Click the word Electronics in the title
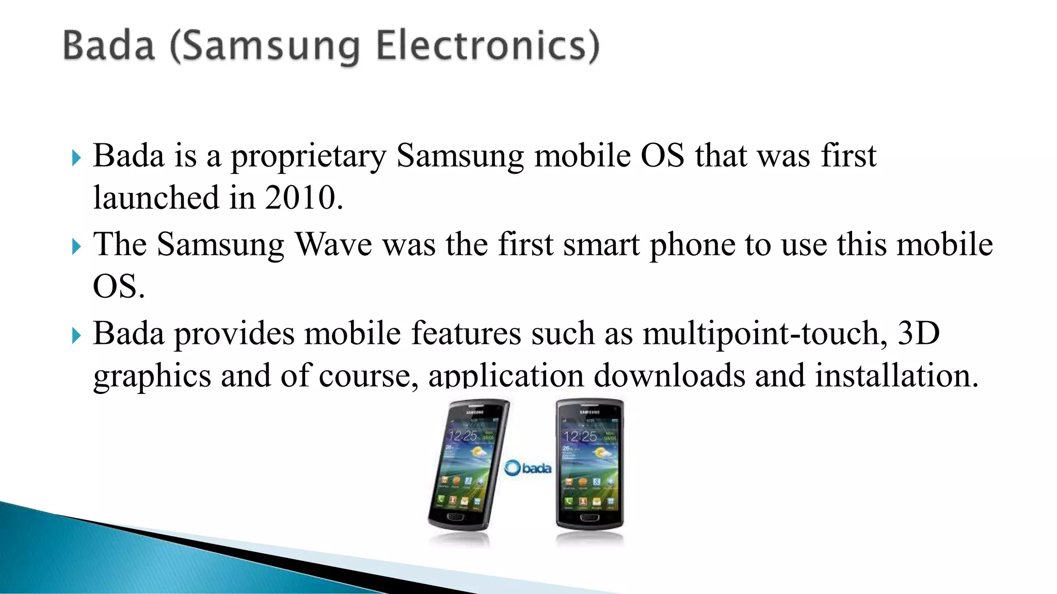(x=488, y=46)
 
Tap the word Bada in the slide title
(x=109, y=46)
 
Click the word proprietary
(x=308, y=156)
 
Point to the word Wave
(x=333, y=244)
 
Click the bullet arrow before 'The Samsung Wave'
(x=76, y=246)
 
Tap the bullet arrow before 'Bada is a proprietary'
(x=76, y=158)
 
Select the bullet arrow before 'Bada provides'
(x=76, y=336)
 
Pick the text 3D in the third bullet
(x=919, y=333)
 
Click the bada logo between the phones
(x=527, y=468)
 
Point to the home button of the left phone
(x=455, y=517)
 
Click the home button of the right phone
(x=589, y=517)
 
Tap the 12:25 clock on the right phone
(x=580, y=437)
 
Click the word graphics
(x=152, y=376)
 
